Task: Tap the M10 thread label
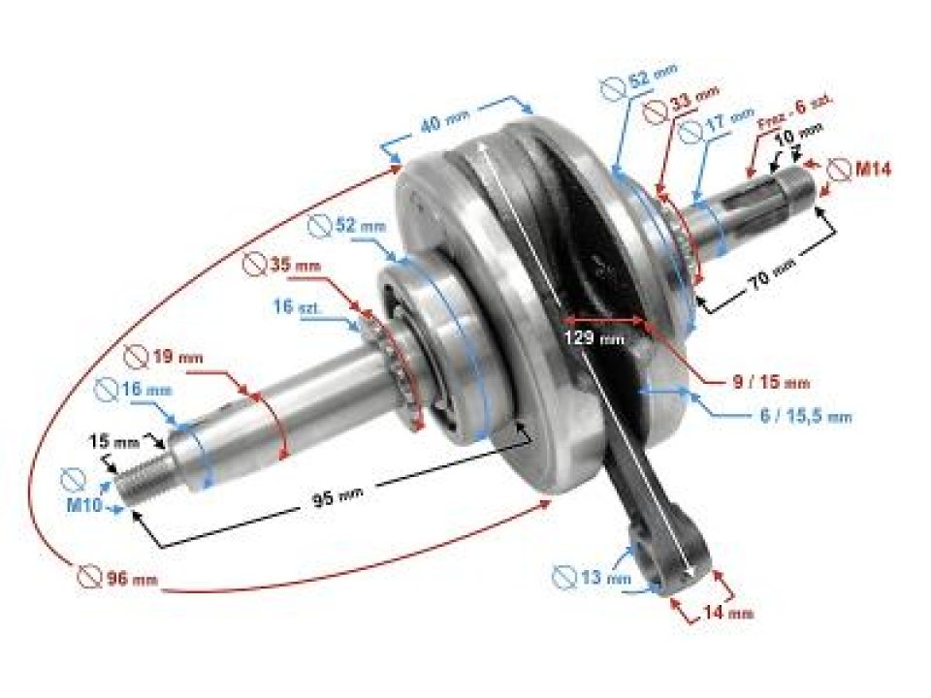[x=89, y=505]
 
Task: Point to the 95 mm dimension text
[x=336, y=499]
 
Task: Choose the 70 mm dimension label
[x=773, y=284]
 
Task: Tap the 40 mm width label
[x=444, y=126]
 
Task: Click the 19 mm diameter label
[x=177, y=358]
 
